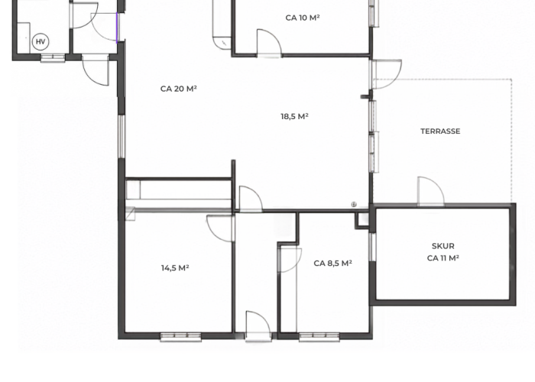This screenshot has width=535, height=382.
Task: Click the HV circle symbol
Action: point(41,41)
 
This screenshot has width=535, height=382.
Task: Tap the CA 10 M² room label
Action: point(303,18)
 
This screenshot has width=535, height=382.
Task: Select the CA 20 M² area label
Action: point(178,89)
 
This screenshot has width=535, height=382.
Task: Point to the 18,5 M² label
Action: point(294,116)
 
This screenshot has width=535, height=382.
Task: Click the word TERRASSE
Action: point(440,131)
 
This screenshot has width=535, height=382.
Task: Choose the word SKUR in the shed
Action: point(443,246)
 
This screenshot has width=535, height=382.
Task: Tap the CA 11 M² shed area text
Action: point(443,258)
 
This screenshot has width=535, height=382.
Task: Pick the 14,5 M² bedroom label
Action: point(175,268)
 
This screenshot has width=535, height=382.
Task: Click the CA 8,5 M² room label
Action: point(332,264)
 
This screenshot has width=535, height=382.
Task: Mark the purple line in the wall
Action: point(117,28)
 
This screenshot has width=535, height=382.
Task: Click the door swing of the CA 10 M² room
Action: point(269,42)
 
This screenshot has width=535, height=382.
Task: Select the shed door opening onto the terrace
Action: point(431,191)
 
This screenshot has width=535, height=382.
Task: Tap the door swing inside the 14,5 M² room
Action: point(221,228)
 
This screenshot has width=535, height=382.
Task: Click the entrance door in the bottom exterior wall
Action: point(258,325)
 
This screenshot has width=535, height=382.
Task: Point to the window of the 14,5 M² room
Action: point(181,337)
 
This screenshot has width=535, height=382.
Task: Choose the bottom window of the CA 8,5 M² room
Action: point(319,337)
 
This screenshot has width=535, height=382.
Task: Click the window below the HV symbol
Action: point(53,58)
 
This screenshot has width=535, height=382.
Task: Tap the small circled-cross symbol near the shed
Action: point(354,205)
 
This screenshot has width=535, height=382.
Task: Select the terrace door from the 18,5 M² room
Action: point(386,74)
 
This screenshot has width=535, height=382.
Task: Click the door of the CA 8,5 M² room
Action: point(290,261)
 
